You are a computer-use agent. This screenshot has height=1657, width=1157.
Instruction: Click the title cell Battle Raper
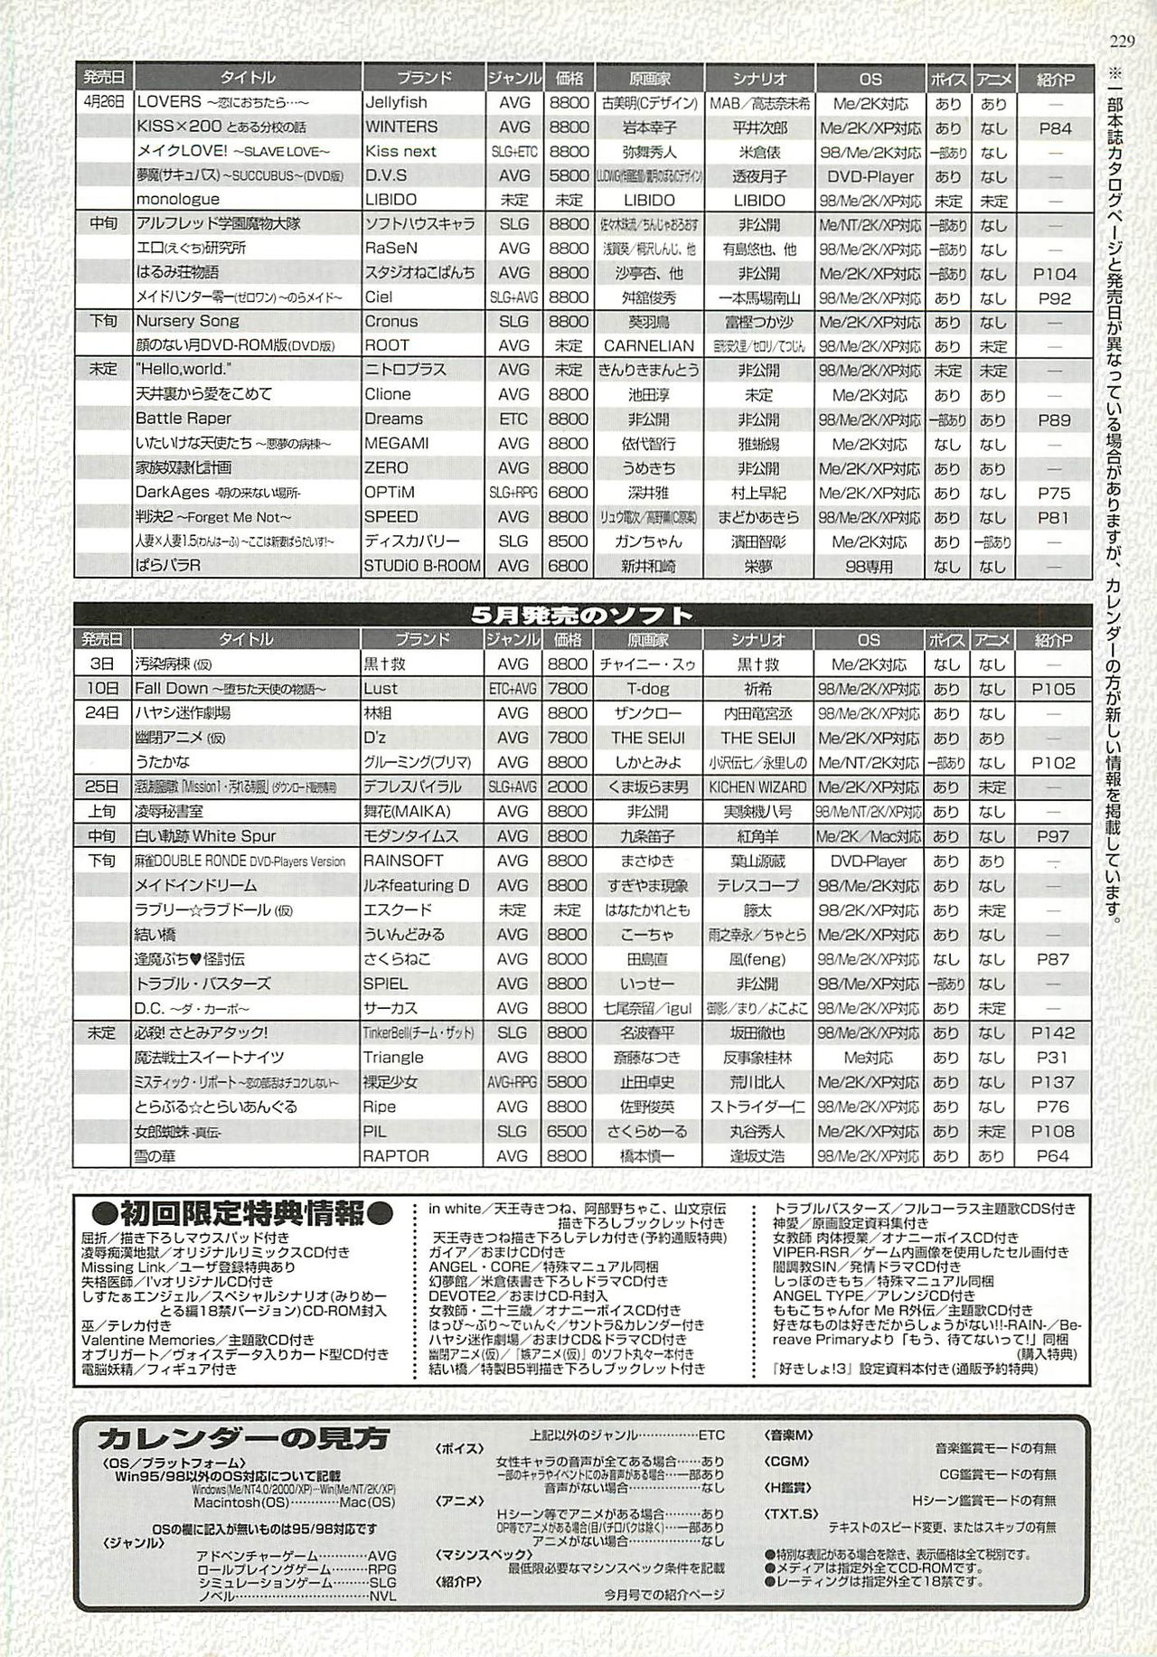pos(183,419)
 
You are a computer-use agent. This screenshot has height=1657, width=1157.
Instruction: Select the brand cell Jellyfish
pos(396,103)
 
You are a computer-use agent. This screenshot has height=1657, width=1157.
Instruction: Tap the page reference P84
pos(1054,128)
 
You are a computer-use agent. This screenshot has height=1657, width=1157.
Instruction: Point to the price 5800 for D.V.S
pos(568,176)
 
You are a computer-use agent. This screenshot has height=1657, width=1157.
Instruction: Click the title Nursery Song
pos(187,321)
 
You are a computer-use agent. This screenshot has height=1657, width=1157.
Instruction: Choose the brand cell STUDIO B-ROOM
pos(422,566)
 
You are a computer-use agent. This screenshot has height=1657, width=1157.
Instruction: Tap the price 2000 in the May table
pos(568,786)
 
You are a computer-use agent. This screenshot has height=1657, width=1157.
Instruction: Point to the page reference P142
pos(1053,1032)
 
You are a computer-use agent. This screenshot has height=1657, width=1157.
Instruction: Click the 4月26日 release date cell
pos(103,103)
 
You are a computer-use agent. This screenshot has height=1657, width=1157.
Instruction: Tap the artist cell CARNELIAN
pos(649,346)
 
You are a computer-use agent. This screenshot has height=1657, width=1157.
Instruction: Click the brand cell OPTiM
pos(390,493)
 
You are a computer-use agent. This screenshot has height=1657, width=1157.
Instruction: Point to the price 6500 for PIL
pos(568,1131)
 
